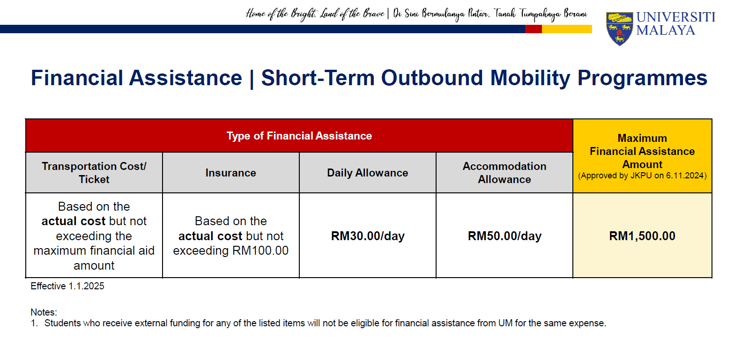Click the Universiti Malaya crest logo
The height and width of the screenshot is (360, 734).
tap(619, 29)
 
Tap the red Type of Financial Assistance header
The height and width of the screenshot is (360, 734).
tap(299, 136)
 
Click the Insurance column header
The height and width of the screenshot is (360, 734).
tap(230, 173)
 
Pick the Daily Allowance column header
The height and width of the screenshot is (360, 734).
tap(368, 173)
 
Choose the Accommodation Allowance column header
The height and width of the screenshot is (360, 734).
tap(504, 173)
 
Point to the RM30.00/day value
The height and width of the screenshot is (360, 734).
tap(368, 236)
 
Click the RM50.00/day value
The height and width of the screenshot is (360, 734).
tap(504, 236)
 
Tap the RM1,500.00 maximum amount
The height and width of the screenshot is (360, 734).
tap(642, 236)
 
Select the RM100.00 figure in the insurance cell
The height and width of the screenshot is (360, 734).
tap(260, 250)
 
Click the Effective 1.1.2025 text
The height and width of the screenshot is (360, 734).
tap(67, 286)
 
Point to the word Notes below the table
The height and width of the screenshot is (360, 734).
tap(44, 312)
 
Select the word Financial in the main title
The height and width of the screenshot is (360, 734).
tap(77, 78)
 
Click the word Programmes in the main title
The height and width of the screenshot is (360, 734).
tap(642, 78)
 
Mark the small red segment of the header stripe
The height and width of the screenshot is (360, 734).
tap(534, 29)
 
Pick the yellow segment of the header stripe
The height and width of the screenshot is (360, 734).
tap(567, 29)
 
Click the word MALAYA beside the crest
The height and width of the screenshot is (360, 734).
tap(666, 30)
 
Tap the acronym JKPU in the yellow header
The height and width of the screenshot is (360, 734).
tap(641, 176)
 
